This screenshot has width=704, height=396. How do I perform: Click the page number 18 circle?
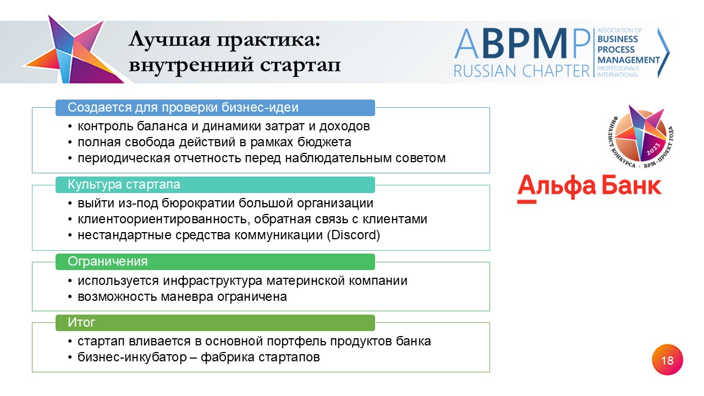667,360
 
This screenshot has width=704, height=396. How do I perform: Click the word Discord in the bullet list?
354,235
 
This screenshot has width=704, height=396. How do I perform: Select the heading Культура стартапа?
124,184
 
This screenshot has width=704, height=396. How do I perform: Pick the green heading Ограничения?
107,261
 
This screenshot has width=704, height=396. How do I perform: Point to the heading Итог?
81,322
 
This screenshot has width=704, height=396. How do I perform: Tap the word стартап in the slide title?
300,65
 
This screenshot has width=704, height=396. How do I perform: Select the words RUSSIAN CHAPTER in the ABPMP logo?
522,71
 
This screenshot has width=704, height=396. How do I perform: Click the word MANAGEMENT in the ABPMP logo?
629,60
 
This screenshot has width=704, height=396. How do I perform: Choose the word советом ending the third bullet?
421,158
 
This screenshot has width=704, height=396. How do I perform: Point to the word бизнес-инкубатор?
133,358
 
